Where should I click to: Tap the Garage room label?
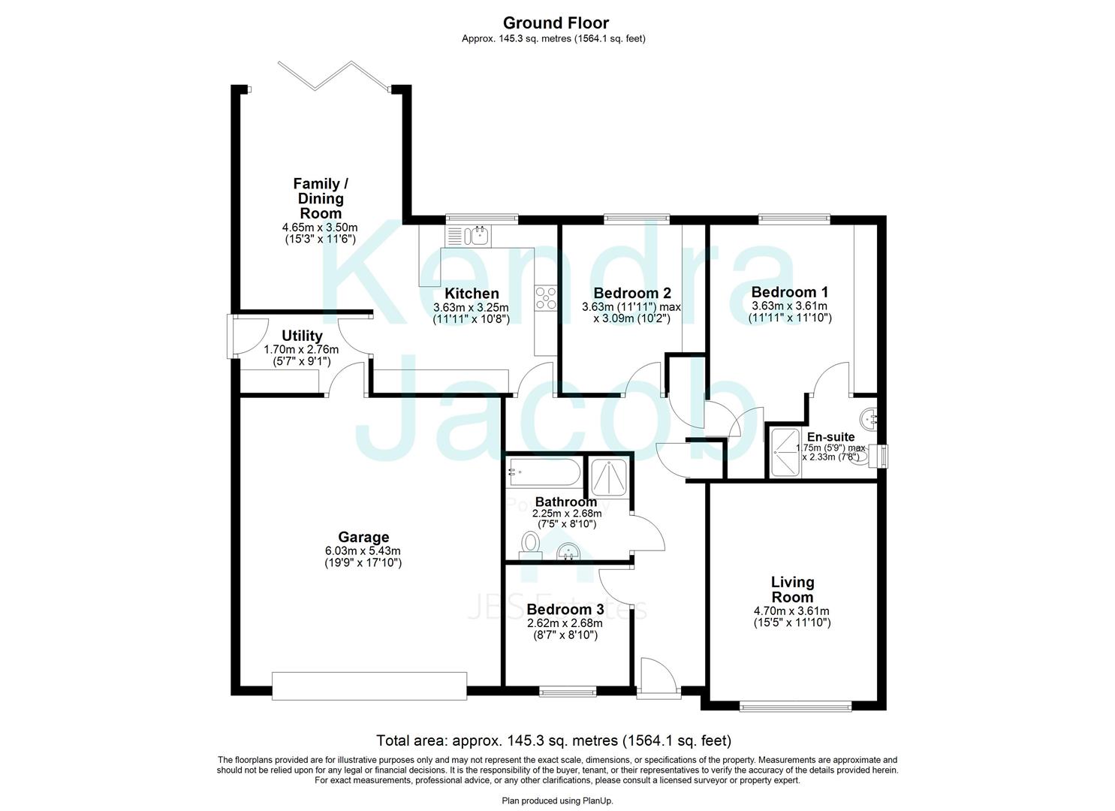[x=363, y=537]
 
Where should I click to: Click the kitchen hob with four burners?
[x=546, y=299]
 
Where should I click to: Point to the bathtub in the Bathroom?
[x=543, y=472]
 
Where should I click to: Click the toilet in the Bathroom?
[x=531, y=542]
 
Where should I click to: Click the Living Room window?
[x=795, y=706]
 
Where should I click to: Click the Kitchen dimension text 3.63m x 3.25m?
[x=471, y=307]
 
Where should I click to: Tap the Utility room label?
[x=302, y=336]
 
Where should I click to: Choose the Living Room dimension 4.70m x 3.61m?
[x=792, y=611]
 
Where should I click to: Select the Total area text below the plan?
[x=553, y=740]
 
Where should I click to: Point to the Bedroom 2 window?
[x=636, y=219]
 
